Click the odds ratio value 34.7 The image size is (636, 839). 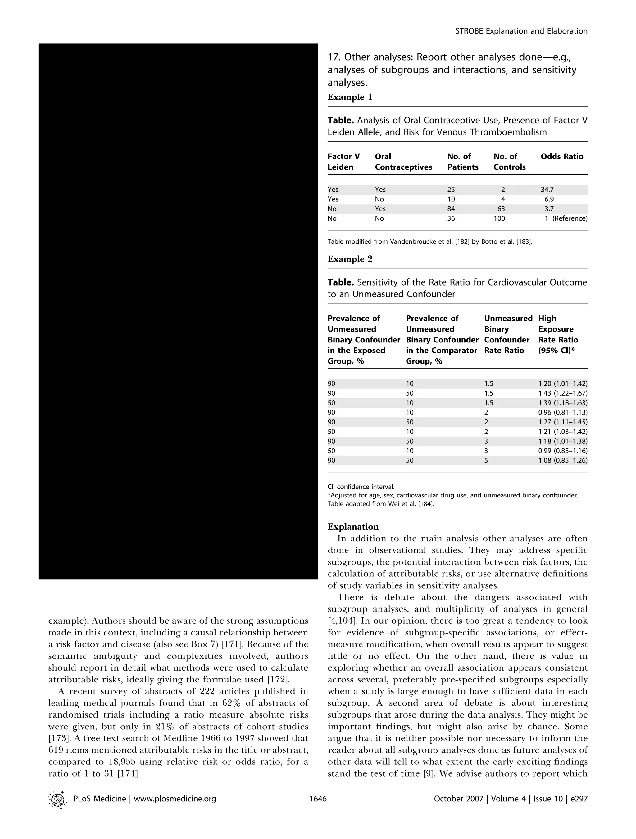coord(547,190)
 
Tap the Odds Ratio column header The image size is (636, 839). coord(562,157)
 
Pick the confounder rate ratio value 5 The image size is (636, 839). coord(486,461)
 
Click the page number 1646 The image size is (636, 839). coord(318,799)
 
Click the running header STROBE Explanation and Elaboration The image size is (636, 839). coord(521,31)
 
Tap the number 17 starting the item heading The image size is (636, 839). coord(332,57)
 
